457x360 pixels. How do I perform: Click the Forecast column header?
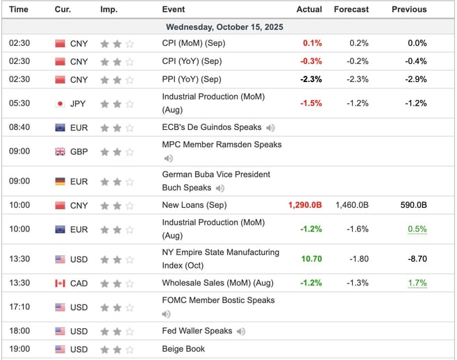[x=351, y=9]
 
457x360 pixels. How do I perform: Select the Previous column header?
[x=409, y=9]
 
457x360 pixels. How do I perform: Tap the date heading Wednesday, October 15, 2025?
[x=224, y=26]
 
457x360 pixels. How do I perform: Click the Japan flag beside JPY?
[x=60, y=104]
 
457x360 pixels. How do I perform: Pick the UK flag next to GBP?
[x=60, y=152]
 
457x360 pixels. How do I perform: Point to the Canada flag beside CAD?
[x=60, y=283]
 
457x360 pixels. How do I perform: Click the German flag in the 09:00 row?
[x=60, y=181]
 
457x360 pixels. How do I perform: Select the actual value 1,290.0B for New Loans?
[x=305, y=206]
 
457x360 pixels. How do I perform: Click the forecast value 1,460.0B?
[x=351, y=206]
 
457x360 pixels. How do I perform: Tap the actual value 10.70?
[x=311, y=259]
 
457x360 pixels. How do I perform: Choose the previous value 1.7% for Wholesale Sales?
[x=417, y=283]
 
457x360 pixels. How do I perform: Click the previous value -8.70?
[x=415, y=259]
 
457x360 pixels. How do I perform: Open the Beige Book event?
[x=183, y=349]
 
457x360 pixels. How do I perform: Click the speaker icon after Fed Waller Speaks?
[x=240, y=332]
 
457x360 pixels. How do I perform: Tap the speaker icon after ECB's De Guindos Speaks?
[x=270, y=128]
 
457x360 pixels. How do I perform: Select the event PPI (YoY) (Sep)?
[x=192, y=79]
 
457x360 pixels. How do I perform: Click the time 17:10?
[x=19, y=307]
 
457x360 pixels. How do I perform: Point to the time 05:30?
[x=19, y=104]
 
